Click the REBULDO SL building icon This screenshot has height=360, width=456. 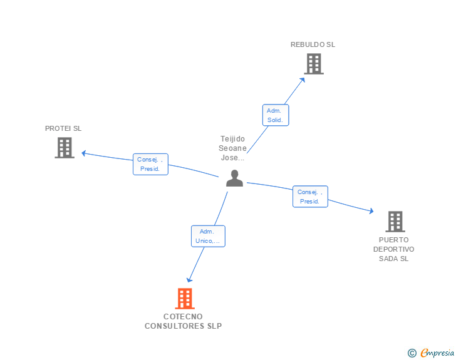[314, 64]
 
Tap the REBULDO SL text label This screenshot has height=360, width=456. [313, 44]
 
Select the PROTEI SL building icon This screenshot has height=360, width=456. [65, 148]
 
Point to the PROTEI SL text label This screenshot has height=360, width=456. [63, 128]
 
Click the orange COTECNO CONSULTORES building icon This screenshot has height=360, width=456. [185, 299]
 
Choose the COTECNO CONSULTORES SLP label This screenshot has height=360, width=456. [183, 321]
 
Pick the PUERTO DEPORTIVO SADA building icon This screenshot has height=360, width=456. [395, 222]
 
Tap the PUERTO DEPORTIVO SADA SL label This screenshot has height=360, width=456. [394, 249]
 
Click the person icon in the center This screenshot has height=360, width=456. [234, 178]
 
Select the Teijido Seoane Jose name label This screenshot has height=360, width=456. [232, 148]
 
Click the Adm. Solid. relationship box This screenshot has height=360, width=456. [276, 115]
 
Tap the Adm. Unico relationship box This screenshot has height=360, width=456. [208, 236]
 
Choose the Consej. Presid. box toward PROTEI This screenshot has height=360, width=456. [150, 164]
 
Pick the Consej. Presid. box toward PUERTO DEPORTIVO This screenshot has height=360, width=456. [310, 197]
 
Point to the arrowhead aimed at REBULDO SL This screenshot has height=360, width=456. [303, 80]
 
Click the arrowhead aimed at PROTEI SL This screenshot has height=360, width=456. [84, 153]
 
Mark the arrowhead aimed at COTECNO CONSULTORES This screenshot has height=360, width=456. [189, 280]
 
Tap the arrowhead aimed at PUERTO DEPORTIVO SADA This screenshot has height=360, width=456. [371, 211]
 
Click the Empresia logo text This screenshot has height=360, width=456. [437, 353]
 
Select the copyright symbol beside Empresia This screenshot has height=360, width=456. [412, 353]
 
